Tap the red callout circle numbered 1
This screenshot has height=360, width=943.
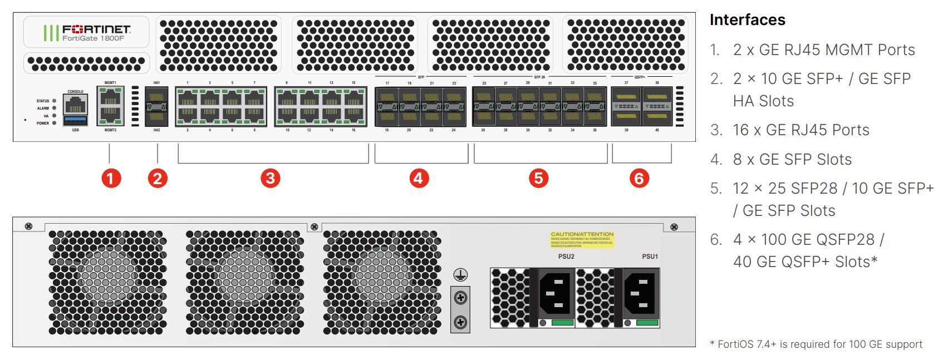click(111, 178)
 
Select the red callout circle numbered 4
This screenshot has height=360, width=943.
click(419, 178)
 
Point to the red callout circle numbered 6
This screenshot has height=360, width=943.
click(639, 178)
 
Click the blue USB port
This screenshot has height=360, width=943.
click(76, 120)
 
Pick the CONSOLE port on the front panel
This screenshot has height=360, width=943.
click(76, 103)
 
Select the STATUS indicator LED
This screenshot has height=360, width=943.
click(54, 101)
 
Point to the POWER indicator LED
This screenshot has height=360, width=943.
click(54, 123)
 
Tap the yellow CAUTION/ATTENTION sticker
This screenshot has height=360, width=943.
click(582, 239)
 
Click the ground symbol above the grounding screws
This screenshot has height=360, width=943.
click(460, 274)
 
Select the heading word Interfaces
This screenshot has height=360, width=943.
click(747, 20)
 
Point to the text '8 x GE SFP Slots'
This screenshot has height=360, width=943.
click(792, 159)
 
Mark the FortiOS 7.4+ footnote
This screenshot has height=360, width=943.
click(816, 344)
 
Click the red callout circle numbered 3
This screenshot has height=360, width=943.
click(270, 178)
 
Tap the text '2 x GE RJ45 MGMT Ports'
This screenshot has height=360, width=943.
click(824, 50)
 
